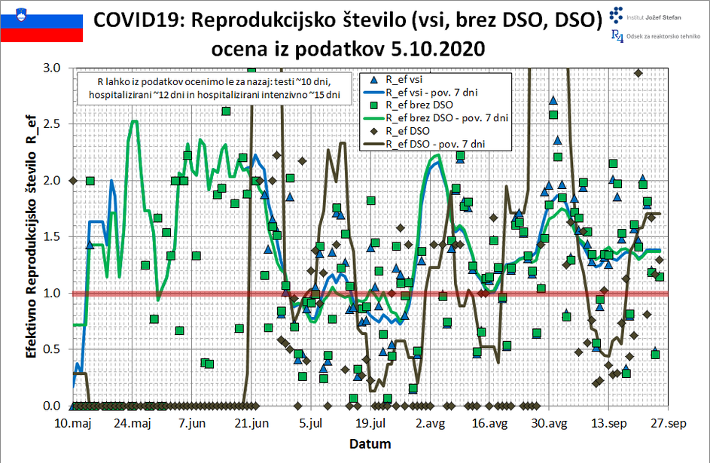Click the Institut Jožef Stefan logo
coord(645,14)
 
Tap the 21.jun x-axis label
coord(252,424)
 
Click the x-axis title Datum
coord(370,443)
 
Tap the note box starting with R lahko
coord(215,87)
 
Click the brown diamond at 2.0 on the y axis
coord(73,181)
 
